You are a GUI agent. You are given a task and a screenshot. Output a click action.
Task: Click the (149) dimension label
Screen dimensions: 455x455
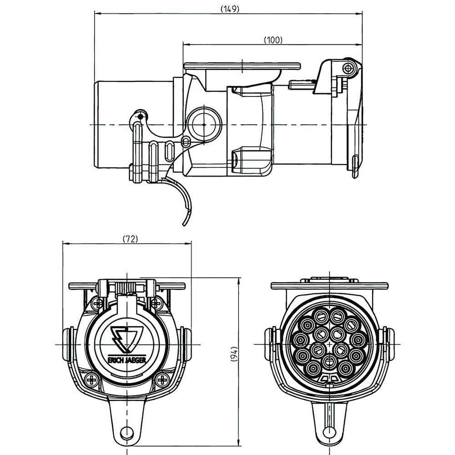[230, 9]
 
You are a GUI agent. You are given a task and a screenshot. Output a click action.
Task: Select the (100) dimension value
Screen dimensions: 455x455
[273, 40]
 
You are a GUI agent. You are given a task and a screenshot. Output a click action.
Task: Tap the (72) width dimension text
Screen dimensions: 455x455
[130, 239]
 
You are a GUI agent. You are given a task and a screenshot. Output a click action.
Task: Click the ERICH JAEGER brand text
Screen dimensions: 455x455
[127, 360]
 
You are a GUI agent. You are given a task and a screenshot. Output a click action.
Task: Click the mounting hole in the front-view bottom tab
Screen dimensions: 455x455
[127, 432]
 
